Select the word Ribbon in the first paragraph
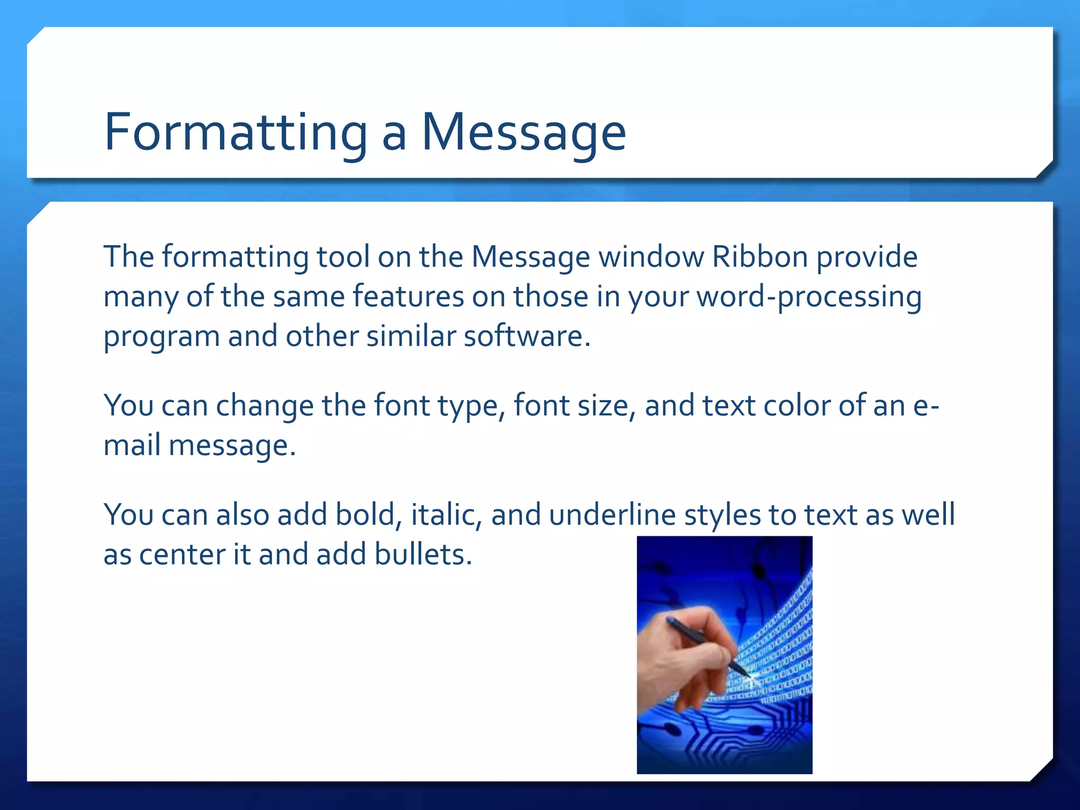(759, 257)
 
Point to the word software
(526, 336)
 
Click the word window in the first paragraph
(651, 257)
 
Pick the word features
(408, 296)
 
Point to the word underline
(612, 515)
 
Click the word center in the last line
(181, 555)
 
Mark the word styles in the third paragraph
(722, 516)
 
